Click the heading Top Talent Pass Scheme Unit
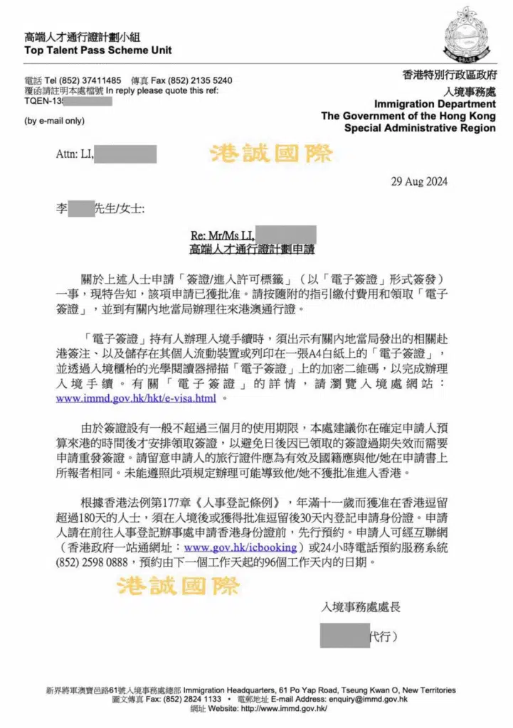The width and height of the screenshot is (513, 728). pos(98,50)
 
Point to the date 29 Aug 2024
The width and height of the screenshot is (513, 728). pos(419,181)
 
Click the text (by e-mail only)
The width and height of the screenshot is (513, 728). pos(54,120)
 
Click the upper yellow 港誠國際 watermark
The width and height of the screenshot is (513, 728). pos(270,154)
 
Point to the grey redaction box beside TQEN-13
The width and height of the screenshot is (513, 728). pos(88,101)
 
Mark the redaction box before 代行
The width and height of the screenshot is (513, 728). pos(344,635)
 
